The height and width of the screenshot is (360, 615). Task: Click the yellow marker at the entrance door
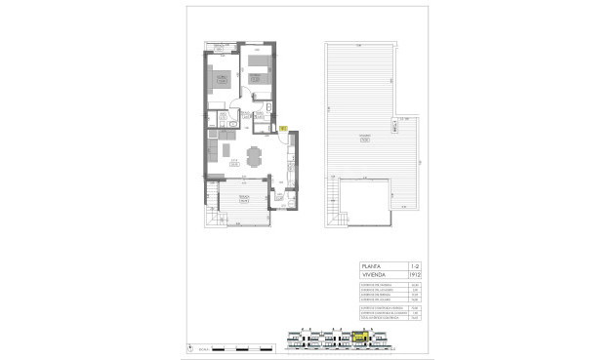[281, 127]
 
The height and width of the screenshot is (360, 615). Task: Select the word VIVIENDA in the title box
[375, 276]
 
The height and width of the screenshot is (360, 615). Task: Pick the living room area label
[233, 163]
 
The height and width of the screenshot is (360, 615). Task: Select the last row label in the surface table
[377, 318]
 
